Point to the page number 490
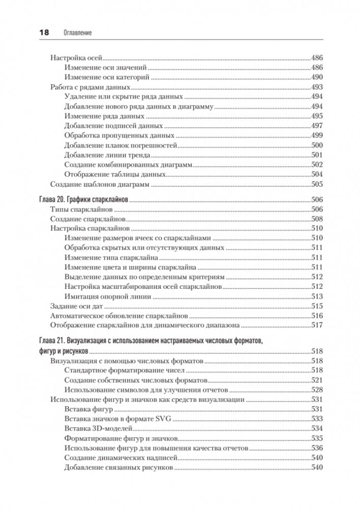pos(317,77)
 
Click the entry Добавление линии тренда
pos(107,155)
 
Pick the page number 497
pos(317,126)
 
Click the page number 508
pos(317,219)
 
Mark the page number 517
pos(317,325)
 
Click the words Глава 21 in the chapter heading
pos(53,340)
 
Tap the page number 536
pos(317,447)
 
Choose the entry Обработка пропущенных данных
pos(119,135)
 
